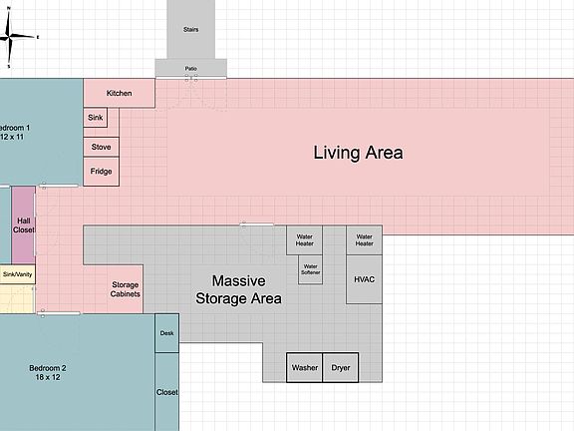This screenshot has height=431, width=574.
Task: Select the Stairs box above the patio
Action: pyautogui.click(x=191, y=29)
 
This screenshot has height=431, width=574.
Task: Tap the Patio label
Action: pyautogui.click(x=191, y=68)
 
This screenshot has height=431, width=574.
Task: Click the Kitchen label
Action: pyautogui.click(x=120, y=93)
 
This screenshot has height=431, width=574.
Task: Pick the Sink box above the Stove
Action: pyautogui.click(x=96, y=118)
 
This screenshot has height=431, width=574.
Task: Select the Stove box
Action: pyautogui.click(x=101, y=147)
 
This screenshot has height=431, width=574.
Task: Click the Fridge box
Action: pyautogui.click(x=101, y=172)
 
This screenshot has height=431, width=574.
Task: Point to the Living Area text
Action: pyautogui.click(x=358, y=153)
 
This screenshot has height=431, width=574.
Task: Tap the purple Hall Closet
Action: pyautogui.click(x=24, y=224)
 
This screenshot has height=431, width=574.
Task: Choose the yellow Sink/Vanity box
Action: pyautogui.click(x=18, y=273)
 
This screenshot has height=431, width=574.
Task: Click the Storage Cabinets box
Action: pyautogui.click(x=125, y=288)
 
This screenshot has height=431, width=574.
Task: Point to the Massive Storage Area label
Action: pyautogui.click(x=238, y=289)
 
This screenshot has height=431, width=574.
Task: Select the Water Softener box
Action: pyautogui.click(x=310, y=268)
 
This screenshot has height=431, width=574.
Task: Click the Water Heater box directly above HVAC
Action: pyautogui.click(x=364, y=239)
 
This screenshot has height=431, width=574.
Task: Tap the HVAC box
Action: pyautogui.click(x=364, y=279)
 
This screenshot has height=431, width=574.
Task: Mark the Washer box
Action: pyautogui.click(x=305, y=367)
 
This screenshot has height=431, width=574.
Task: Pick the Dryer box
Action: pyautogui.click(x=341, y=367)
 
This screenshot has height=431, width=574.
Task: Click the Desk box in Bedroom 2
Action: pyautogui.click(x=167, y=333)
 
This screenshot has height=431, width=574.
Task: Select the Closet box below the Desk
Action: pyautogui.click(x=167, y=391)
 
